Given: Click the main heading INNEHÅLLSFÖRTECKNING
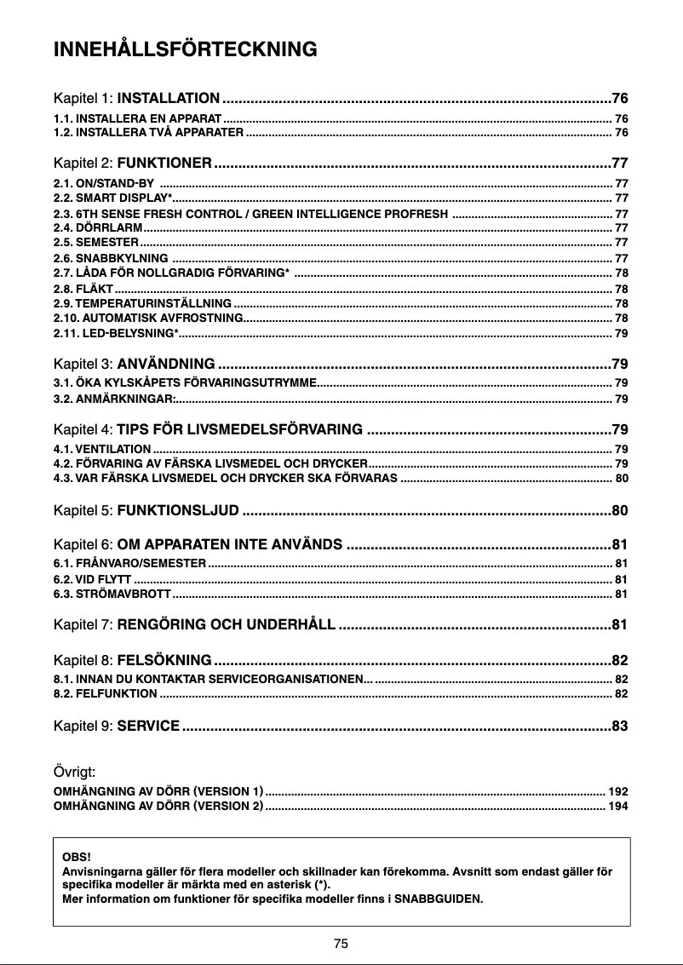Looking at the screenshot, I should point(186,49).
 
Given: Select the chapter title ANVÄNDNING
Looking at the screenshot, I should point(165,365).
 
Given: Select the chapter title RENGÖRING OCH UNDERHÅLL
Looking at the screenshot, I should point(226,626).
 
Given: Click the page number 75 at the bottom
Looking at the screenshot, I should point(341,943).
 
